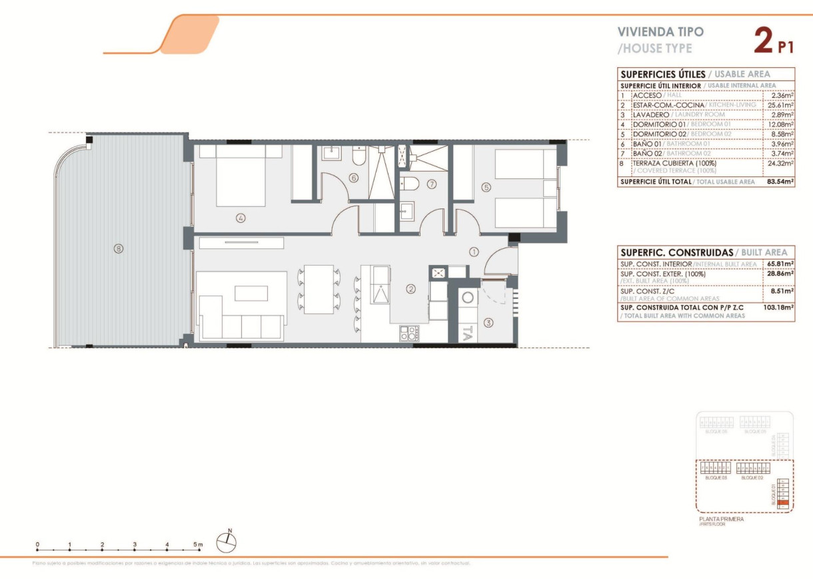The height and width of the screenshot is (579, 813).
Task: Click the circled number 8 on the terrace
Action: pyautogui.click(x=118, y=249)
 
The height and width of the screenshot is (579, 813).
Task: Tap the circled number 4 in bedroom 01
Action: pyautogui.click(x=241, y=217)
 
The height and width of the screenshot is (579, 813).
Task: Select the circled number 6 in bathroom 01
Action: pyautogui.click(x=353, y=178)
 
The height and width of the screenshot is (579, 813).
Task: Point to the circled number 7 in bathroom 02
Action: pyautogui.click(x=431, y=184)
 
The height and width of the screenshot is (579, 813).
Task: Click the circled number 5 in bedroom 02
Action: pyautogui.click(x=486, y=188)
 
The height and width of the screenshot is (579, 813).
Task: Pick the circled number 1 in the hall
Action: pyautogui.click(x=474, y=252)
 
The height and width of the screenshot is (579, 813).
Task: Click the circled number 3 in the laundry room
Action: pyautogui.click(x=488, y=323)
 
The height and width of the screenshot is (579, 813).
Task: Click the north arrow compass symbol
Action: pyautogui.click(x=227, y=542)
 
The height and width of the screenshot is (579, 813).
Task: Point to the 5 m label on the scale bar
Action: pyautogui.click(x=198, y=544)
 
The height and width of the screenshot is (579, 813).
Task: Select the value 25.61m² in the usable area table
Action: pyautogui.click(x=780, y=105)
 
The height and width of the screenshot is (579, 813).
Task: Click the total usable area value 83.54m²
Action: pyautogui.click(x=780, y=182)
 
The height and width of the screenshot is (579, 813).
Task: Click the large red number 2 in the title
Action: pyautogui.click(x=764, y=41)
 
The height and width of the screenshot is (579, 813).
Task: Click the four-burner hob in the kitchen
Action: pyautogui.click(x=409, y=333)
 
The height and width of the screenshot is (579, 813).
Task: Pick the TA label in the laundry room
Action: pyautogui.click(x=468, y=333)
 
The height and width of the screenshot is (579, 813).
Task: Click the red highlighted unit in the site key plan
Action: pyautogui.click(x=783, y=503)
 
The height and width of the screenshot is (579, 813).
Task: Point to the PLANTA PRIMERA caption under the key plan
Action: pyautogui.click(x=721, y=519)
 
